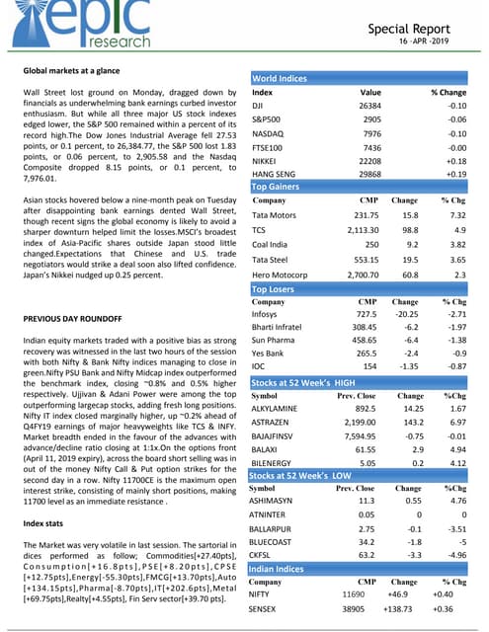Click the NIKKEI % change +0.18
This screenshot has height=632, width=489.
pyautogui.click(x=454, y=158)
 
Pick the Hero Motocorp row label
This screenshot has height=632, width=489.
pyautogui.click(x=285, y=275)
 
